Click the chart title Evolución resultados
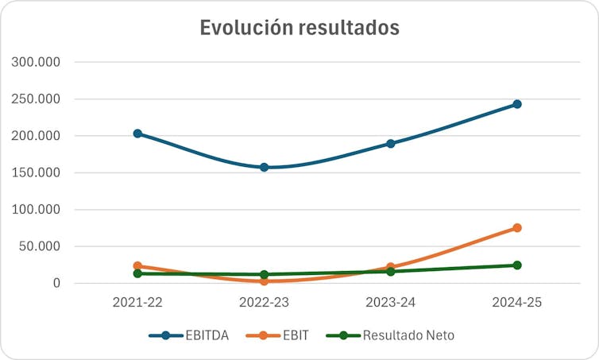(x=299, y=27)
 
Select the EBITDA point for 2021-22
(x=137, y=134)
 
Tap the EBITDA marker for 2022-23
(x=264, y=168)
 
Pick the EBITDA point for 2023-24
(x=391, y=144)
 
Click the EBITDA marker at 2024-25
(x=517, y=104)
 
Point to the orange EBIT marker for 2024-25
(x=517, y=228)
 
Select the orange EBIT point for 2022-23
(x=264, y=281)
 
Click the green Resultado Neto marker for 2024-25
(x=517, y=265)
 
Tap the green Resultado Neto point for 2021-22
(x=137, y=273)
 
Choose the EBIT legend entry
(x=277, y=335)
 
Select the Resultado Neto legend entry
(x=389, y=335)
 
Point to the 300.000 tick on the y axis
(x=39, y=62)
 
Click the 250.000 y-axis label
(x=39, y=99)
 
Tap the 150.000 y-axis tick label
(x=39, y=173)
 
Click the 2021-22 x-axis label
(x=137, y=303)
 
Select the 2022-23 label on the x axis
(x=264, y=303)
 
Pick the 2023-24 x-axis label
(x=391, y=303)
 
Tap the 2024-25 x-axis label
(x=517, y=303)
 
